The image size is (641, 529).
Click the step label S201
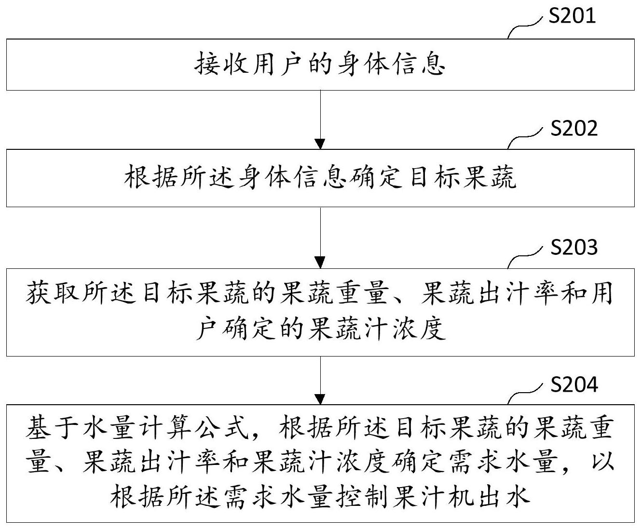[x=572, y=15]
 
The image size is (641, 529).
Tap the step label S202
[x=574, y=128]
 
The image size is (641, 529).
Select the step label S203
[x=574, y=247]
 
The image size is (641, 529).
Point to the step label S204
[x=574, y=384]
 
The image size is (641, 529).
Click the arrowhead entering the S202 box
[x=320, y=144]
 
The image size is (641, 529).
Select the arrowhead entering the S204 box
[x=320, y=399]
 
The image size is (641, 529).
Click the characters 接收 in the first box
[x=221, y=64]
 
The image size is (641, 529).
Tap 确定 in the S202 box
[x=378, y=177]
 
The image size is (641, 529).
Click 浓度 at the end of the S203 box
[x=420, y=329]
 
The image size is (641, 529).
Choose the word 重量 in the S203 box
[x=363, y=292]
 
